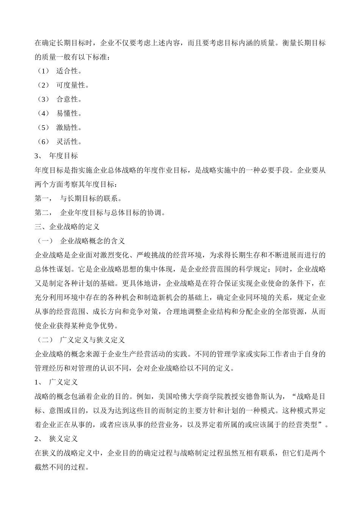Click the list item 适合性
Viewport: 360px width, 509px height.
coord(69,71)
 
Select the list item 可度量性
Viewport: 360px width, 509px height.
coord(72,85)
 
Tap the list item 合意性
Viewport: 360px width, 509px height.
coord(69,99)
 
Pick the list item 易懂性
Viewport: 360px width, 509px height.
coord(69,113)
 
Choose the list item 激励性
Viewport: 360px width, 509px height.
coord(69,128)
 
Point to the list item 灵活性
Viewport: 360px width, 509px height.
coord(69,142)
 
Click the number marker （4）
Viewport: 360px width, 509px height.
coord(44,113)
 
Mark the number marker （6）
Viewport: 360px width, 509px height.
coord(44,142)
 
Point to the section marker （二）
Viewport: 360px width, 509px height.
coord(44,340)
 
